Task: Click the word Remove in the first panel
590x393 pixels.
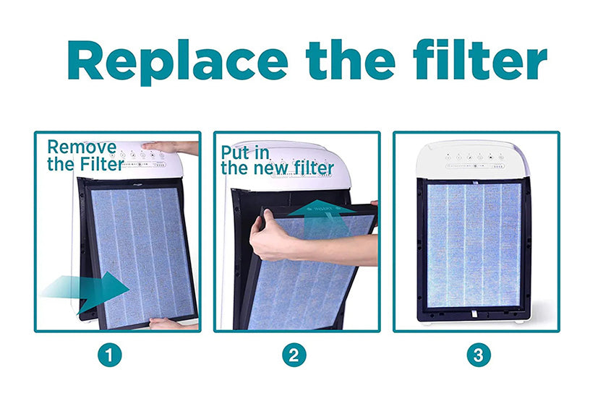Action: [x=81, y=147]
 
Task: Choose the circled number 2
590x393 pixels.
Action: [x=294, y=355]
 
